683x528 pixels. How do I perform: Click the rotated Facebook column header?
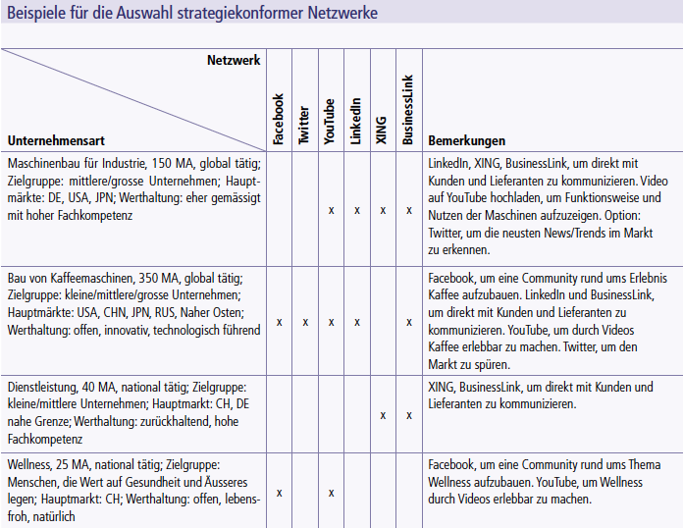279,120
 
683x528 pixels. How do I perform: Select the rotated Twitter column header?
304,126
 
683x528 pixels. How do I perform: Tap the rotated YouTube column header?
330,122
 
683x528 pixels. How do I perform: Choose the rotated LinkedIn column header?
355,122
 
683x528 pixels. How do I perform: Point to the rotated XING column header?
382,129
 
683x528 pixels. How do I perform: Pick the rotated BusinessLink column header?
408,111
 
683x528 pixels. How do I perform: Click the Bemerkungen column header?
467,140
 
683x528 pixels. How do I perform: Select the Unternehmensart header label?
56,140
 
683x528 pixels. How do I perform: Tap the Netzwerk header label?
234,61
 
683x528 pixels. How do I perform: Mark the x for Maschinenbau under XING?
383,210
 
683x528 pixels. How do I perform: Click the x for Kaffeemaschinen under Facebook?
280,322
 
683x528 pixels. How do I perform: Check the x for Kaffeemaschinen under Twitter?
305,322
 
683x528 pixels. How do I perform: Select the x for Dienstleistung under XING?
383,415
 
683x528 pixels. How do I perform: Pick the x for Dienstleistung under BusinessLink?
408,415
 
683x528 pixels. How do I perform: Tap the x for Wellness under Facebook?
280,493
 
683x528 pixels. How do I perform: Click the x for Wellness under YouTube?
331,493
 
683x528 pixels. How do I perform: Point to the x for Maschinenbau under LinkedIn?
356,210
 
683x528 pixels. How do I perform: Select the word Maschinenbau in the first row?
45,162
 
